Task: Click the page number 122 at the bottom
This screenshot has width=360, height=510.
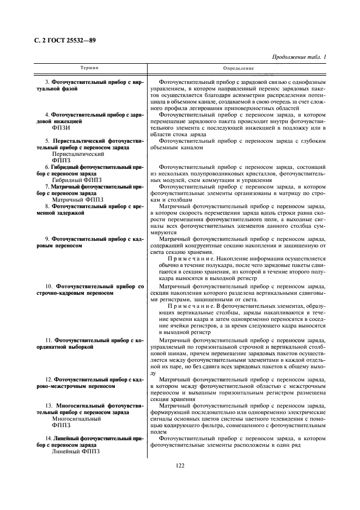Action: [180, 465]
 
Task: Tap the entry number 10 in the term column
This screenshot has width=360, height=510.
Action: [48, 286]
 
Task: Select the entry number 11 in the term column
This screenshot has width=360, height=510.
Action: [48, 339]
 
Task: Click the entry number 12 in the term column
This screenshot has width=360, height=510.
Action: [48, 379]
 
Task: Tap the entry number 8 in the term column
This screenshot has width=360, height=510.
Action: [47, 207]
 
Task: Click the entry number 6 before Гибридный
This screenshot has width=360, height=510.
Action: [47, 166]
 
